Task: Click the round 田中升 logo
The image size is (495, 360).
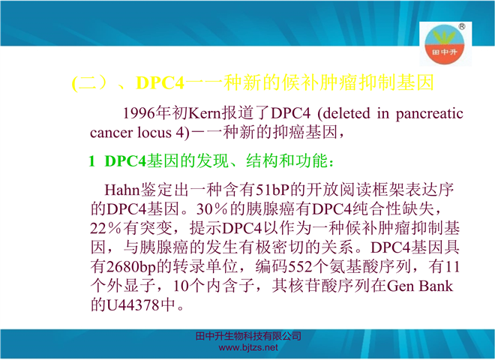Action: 445,44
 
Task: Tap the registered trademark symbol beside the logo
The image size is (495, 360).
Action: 461,26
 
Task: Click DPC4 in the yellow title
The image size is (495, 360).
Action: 160,83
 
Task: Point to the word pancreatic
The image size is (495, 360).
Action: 430,114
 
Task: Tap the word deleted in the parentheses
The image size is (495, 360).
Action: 346,113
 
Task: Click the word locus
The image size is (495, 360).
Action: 154,133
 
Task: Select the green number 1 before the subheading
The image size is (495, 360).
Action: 91,161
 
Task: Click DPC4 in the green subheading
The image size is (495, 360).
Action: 125,161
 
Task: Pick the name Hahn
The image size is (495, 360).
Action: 121,190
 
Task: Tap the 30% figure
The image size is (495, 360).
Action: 211,209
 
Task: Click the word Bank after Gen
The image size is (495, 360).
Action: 436,286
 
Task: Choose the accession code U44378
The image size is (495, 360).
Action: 133,305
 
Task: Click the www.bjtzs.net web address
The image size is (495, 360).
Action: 248,348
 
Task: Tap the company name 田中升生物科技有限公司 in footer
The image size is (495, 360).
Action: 248,336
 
